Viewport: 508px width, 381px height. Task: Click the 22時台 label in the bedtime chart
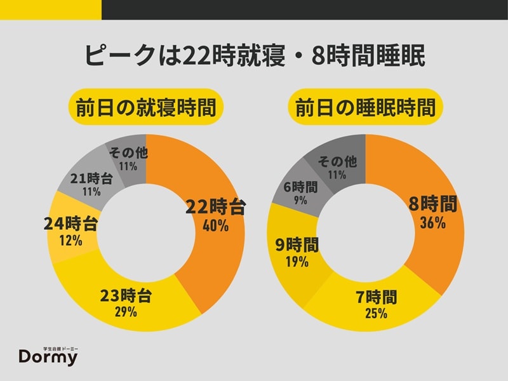tap(215, 208)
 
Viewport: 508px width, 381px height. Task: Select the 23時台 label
tap(128, 295)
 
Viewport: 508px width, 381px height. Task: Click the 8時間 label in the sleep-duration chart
tap(432, 204)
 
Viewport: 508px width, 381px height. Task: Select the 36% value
tap(432, 222)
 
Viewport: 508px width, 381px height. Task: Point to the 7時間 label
tap(375, 297)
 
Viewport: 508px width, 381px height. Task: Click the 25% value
tap(375, 313)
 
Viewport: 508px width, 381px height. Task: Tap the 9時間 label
tap(296, 244)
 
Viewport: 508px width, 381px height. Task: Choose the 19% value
tap(296, 261)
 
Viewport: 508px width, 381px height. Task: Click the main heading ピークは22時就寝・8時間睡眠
tap(254, 55)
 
